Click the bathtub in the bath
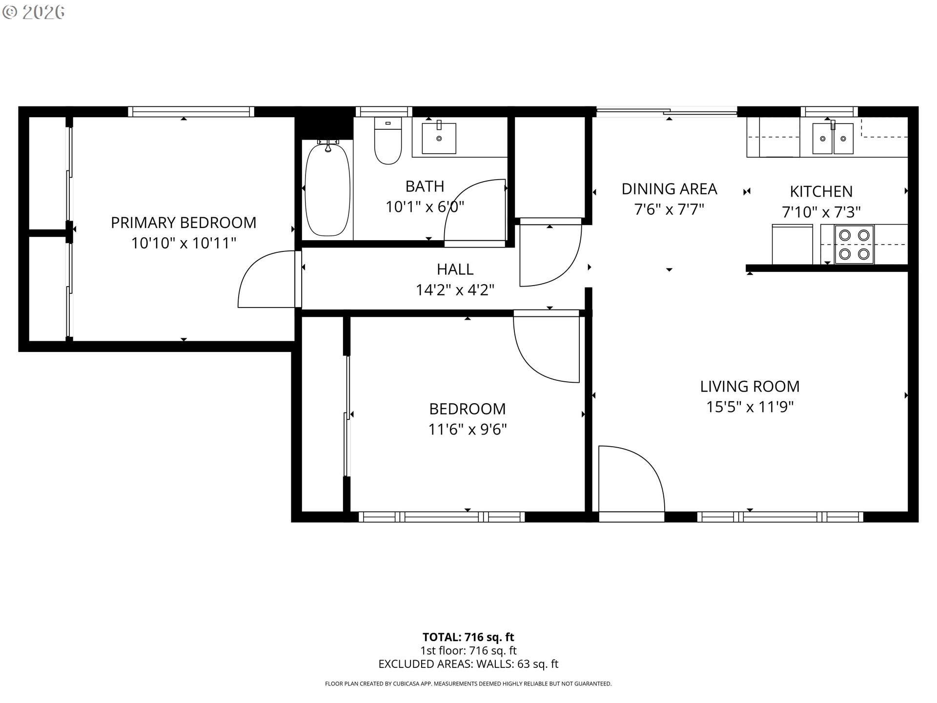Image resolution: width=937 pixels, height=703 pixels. point(327,189)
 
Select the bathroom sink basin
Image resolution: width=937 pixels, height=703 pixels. point(439,138)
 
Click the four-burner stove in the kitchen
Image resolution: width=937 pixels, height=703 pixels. point(854,245)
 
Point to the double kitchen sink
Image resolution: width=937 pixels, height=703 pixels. point(833,139)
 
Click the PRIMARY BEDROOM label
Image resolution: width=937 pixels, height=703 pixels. point(183,223)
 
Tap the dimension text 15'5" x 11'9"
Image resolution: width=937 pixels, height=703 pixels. point(750,407)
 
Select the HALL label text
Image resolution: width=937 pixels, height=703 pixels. point(455,269)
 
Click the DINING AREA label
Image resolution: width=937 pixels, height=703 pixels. point(669,189)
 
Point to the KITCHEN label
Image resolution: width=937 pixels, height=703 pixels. point(821,191)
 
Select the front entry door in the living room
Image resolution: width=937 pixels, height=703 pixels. point(631,479)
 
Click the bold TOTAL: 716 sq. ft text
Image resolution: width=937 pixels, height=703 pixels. point(468,637)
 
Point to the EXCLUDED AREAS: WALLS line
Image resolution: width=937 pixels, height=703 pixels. point(468,664)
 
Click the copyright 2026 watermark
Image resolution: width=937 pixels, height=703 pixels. point(33,12)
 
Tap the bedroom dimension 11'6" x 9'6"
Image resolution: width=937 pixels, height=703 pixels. point(468,430)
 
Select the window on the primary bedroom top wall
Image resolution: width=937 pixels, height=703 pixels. point(191,112)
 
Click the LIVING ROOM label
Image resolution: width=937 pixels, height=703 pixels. point(750,387)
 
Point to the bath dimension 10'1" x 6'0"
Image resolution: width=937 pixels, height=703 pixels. point(425,207)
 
